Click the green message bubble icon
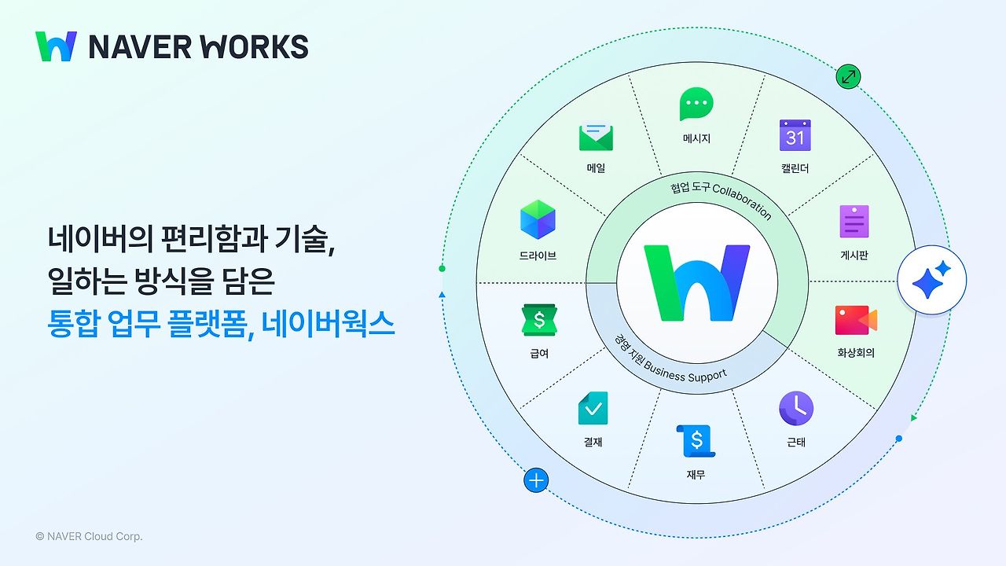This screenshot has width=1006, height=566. click(696, 104)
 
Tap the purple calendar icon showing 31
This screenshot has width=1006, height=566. click(795, 135)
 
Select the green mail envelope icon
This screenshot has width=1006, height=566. click(596, 137)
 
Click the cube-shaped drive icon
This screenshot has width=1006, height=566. click(538, 220)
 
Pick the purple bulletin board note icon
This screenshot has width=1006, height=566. click(854, 221)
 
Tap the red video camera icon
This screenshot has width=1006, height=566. click(855, 320)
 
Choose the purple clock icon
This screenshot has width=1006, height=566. click(796, 409)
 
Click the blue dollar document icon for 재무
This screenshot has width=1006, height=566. click(696, 441)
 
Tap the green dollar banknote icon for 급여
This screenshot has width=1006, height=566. click(539, 320)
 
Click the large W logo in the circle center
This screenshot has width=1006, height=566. click(696, 282)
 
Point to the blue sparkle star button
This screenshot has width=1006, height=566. click(931, 281)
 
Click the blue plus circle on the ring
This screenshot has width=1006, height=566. click(536, 480)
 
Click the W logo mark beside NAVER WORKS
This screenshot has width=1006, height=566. click(56, 46)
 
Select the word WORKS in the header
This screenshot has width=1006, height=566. click(255, 47)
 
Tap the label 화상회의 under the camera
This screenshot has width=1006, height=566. click(855, 353)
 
